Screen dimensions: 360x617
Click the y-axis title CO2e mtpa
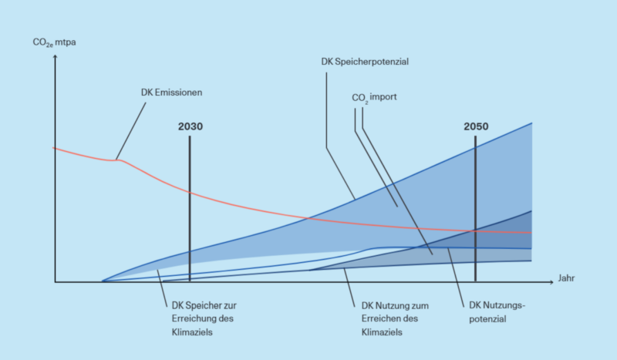[x=54, y=42]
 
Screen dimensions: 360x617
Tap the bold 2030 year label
[x=189, y=126]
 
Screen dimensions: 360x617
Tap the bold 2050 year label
[x=476, y=126]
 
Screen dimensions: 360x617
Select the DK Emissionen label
[x=171, y=92]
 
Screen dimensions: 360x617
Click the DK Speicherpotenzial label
[x=364, y=61]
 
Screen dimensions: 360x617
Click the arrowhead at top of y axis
[x=55, y=56]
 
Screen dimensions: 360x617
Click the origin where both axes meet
[x=55, y=282]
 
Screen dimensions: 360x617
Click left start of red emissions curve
[x=53, y=147]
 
